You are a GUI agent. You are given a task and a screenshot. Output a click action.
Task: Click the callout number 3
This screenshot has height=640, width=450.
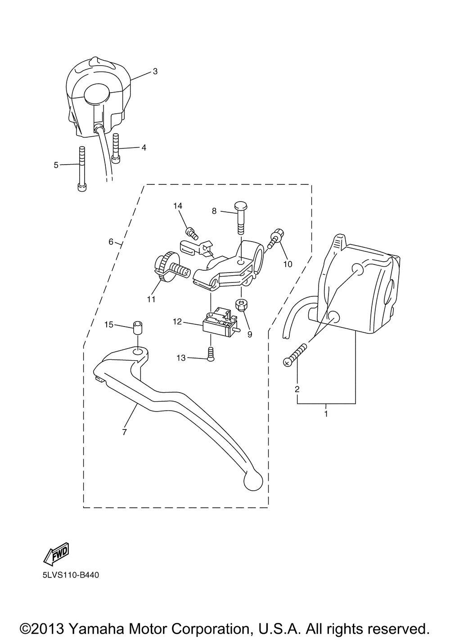point(155,72)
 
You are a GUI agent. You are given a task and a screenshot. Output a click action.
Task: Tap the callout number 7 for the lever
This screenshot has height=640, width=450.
point(124,432)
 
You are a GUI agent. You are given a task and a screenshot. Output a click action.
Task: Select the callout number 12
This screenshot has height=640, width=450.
point(177,322)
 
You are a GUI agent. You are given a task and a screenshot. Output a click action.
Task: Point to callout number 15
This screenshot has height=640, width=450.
point(108,325)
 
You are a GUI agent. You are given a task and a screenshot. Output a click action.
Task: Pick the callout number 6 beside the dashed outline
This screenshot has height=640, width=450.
point(111,242)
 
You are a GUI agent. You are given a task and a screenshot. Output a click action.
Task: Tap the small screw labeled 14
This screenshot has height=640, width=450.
point(192,233)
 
